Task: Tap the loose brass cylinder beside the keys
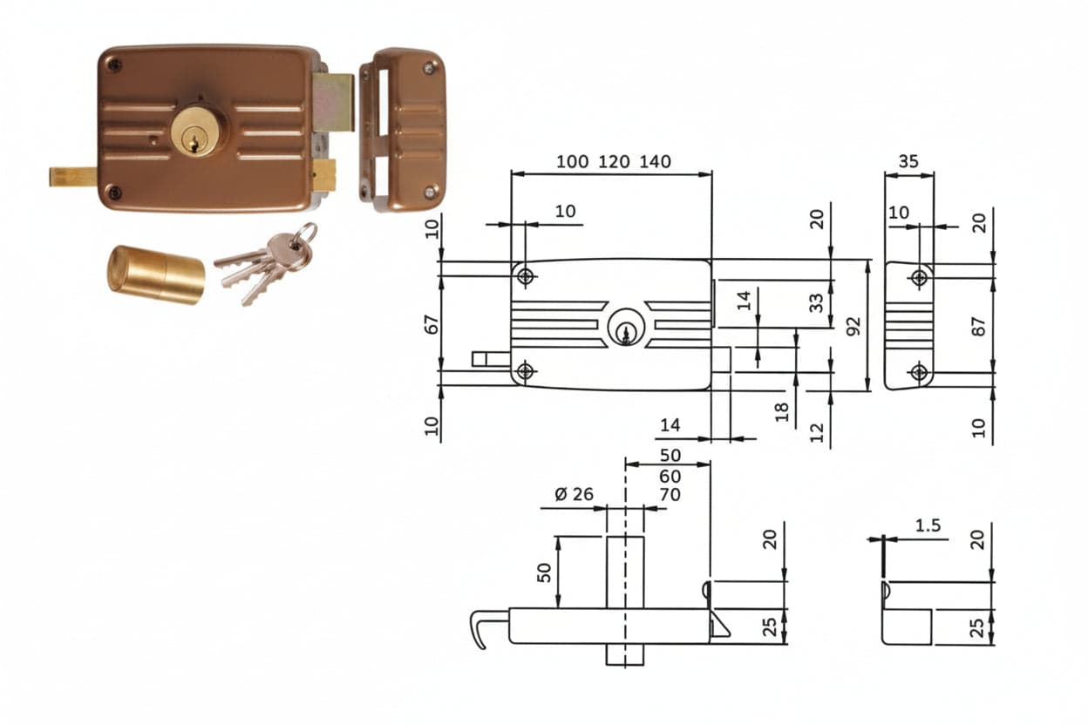[x=155, y=274]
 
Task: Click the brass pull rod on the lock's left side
[x=73, y=176]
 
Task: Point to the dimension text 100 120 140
[x=614, y=162]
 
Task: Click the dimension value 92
[x=853, y=325]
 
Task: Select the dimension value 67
[x=432, y=324]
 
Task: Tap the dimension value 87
[x=979, y=326]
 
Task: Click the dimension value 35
[x=908, y=161]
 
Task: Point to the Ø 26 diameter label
[x=574, y=494]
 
